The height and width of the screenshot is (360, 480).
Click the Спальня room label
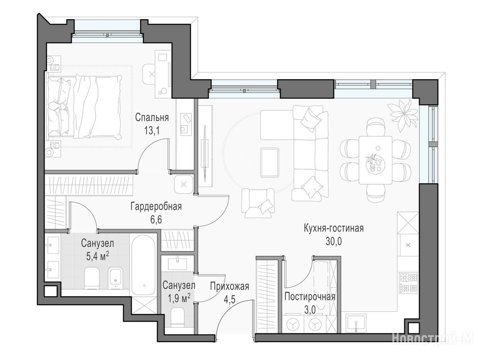click(152, 118)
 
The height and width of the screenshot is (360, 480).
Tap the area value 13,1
click(152, 131)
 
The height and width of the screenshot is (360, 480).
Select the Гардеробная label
click(156, 207)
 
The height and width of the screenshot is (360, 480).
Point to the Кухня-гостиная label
click(334, 228)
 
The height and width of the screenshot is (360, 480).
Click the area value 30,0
click(334, 241)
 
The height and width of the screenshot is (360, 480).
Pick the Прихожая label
click(230, 286)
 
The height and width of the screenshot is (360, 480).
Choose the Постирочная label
click(310, 297)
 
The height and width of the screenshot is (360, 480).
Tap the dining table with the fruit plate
click(375, 160)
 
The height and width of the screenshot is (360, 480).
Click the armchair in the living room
click(258, 202)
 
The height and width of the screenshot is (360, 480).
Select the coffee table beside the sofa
click(270, 163)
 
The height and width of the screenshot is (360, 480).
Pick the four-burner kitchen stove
click(408, 283)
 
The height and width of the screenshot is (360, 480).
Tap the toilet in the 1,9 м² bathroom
click(177, 316)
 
